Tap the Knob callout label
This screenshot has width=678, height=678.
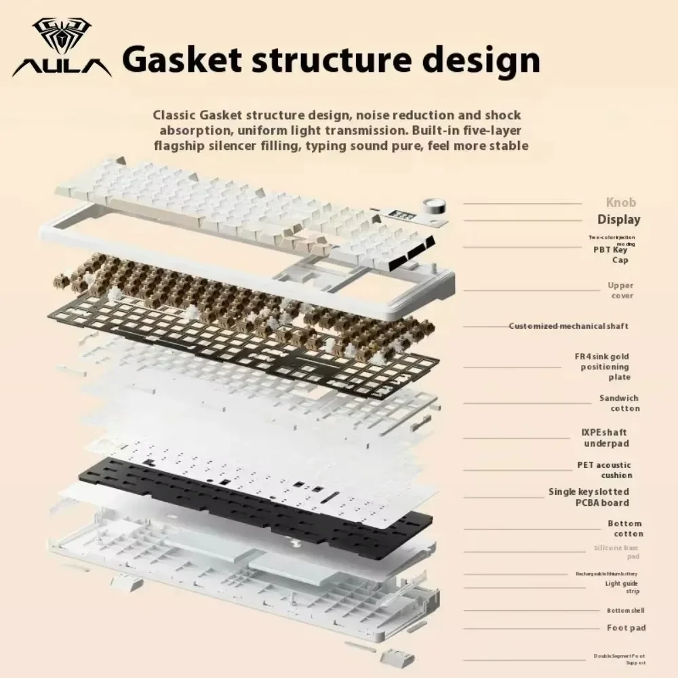pos(620,203)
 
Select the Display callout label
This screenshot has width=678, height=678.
pos(618,220)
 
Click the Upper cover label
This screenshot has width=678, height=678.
pos(621,291)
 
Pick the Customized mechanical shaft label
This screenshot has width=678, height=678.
pos(568,326)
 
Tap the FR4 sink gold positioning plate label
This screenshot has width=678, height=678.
pos(603,367)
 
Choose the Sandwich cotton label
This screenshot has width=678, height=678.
pos(619,403)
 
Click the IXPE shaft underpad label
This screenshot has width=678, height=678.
pos(606,438)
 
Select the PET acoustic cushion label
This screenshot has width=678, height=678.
pos(604,470)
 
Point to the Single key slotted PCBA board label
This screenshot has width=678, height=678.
pos(589,497)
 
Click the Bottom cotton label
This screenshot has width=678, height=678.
pos(624,529)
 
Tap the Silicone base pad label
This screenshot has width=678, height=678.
pos(616,552)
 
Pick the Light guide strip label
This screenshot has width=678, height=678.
pos(621,587)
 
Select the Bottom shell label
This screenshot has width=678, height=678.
pos(626,611)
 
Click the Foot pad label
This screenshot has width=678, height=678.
pos(626,628)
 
